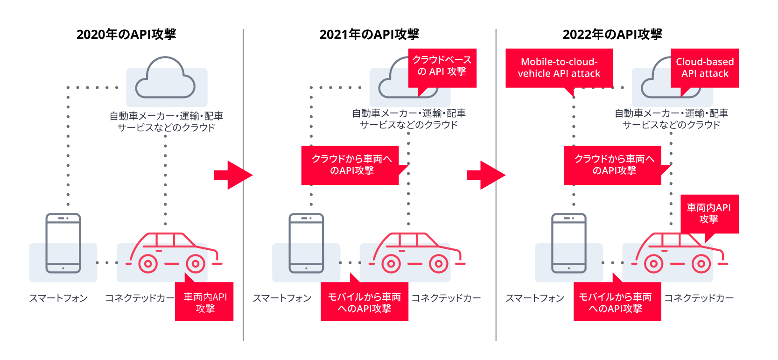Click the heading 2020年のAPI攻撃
coord(126,34)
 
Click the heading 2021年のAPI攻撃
coord(369,34)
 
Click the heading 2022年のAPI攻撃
coord(612,34)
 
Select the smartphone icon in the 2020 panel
coord(63,243)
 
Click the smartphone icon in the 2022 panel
coord(568,243)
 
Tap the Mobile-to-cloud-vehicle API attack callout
coord(559,68)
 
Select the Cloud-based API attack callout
coord(705,68)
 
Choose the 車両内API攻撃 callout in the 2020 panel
coord(204,302)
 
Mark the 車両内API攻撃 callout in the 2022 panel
coord(709,213)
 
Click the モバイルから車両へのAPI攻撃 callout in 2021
coord(364,302)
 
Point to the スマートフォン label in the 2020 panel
coord(58,298)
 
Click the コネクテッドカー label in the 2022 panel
coord(699,298)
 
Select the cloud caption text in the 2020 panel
coord(166,121)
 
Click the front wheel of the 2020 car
coord(196,264)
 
